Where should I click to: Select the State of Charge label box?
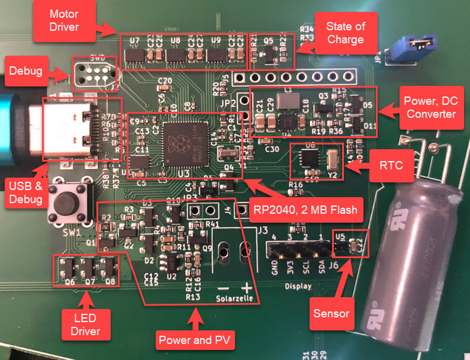pyautogui.click(x=345, y=33)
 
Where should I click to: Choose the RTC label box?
pyautogui.click(x=390, y=166)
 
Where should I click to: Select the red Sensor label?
pyautogui.click(x=330, y=313)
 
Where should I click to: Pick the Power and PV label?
pyautogui.click(x=195, y=340)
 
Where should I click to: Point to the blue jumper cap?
pyautogui.click(x=409, y=44)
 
